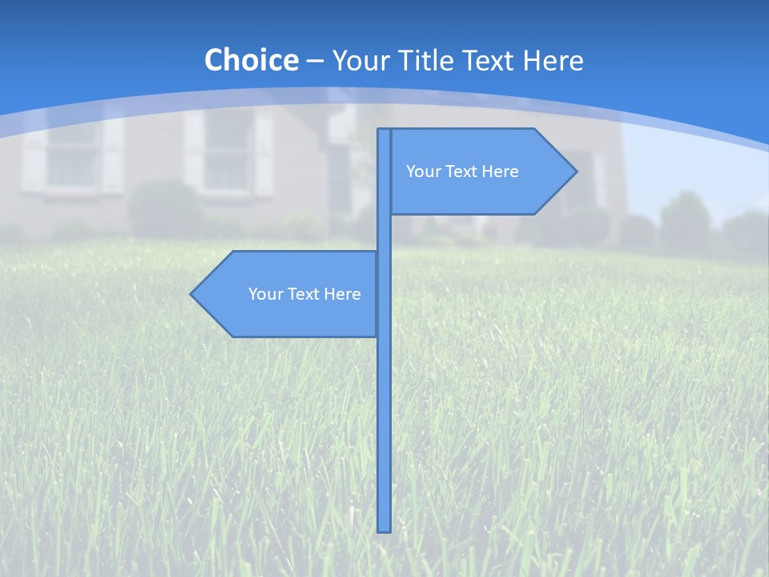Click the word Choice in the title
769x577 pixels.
coord(251,60)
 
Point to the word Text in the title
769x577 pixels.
coord(491,60)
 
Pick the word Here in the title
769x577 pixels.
coord(554,60)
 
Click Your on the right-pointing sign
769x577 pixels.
coord(422,171)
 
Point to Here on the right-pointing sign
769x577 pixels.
coord(499,171)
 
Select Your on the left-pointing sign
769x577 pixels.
coord(264,294)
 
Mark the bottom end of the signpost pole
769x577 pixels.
coord(384,529)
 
